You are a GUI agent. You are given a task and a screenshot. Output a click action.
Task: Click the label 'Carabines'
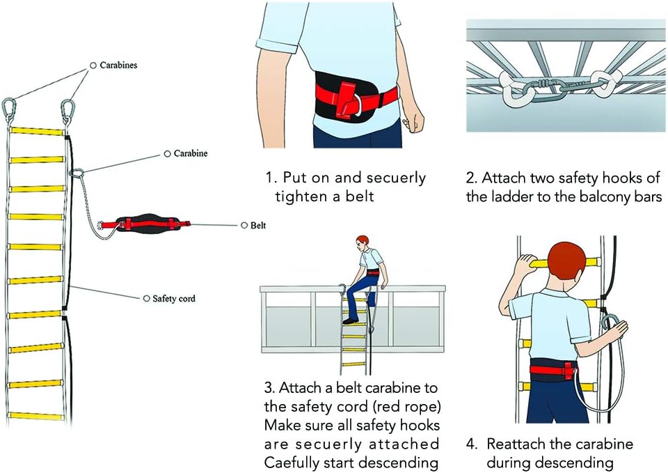(x=118, y=65)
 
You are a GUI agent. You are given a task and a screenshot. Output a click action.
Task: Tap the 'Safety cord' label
(x=174, y=299)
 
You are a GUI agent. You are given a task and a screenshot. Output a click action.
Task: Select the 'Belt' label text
(x=257, y=225)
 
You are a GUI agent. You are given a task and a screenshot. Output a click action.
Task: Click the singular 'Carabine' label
(x=191, y=153)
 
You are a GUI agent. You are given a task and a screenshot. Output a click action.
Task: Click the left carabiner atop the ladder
(x=9, y=110)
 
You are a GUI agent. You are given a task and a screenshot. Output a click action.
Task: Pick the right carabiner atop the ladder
(x=67, y=111)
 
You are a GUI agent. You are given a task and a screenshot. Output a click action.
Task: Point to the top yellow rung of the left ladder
(x=37, y=131)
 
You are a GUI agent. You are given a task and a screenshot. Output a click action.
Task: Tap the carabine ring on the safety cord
(x=77, y=173)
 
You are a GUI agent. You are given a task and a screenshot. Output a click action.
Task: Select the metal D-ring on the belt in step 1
(x=356, y=104)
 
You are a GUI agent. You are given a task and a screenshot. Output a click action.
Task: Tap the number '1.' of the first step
(x=271, y=178)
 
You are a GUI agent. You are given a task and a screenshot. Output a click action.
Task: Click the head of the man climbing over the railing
(x=362, y=244)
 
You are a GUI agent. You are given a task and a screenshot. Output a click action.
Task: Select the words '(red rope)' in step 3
(x=406, y=406)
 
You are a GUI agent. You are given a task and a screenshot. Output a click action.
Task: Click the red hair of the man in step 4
(x=566, y=259)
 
